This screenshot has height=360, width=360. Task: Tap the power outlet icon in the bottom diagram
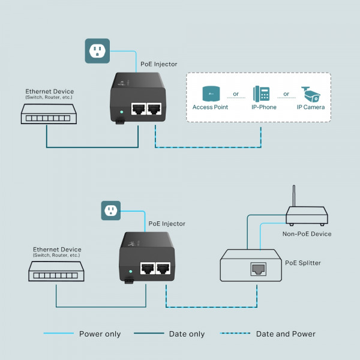point(110,211)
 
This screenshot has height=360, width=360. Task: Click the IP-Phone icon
point(262,94)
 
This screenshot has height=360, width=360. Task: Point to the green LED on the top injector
point(122,111)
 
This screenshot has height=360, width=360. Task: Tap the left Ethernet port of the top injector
point(139,109)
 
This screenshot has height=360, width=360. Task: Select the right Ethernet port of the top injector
point(154,109)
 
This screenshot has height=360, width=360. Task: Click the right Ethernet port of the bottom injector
point(163,269)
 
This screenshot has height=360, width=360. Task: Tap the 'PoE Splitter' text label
point(303,263)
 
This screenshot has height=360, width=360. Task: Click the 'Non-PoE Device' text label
point(307,234)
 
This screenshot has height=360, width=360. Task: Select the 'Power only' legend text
point(100,334)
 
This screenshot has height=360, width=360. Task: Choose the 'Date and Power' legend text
point(286,334)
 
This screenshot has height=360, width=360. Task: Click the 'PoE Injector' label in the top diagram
point(159,64)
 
